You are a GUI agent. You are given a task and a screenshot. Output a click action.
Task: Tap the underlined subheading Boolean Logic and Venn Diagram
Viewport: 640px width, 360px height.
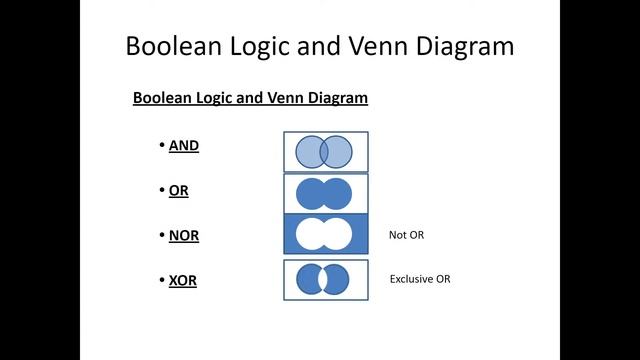[x=250, y=98]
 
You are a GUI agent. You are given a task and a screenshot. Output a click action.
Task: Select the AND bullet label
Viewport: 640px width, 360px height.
[x=184, y=145]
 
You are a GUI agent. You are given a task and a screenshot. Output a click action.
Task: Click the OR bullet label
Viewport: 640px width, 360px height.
[x=179, y=190]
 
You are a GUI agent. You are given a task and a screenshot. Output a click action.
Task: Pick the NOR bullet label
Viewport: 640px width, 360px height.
[x=184, y=235]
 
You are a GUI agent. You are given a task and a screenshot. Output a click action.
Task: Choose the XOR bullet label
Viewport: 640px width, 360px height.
[x=183, y=280]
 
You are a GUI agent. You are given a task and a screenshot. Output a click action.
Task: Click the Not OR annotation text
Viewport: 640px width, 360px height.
[x=407, y=235]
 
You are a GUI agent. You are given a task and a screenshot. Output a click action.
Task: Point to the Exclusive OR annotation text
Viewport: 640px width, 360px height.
[x=420, y=279]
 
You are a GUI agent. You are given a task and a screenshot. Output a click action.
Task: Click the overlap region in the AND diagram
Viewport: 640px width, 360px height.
[x=325, y=152]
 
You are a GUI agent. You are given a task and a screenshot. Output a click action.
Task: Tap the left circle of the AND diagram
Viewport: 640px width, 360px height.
[x=306, y=152]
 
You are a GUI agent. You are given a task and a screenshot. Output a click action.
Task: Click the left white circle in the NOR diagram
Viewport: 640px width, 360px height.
[x=309, y=234]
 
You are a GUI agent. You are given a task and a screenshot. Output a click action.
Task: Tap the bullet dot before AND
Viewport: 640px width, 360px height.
[x=161, y=145]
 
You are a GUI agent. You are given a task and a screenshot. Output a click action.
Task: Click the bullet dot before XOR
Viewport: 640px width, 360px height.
[x=161, y=280]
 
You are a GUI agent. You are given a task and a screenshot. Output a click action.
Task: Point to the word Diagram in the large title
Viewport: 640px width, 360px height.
[x=463, y=46]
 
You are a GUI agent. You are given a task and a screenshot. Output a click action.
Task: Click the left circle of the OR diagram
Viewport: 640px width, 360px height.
[x=310, y=193]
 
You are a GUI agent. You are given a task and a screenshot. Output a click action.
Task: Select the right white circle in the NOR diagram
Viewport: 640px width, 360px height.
[x=340, y=234]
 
